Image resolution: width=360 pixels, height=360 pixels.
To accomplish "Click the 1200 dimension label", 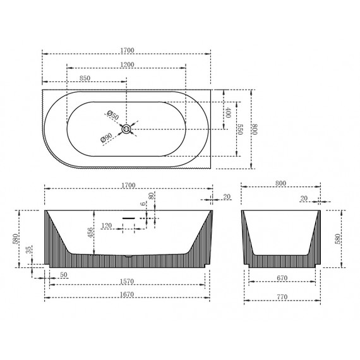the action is [x=127, y=64].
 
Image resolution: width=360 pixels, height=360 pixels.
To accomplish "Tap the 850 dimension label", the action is [x=85, y=78].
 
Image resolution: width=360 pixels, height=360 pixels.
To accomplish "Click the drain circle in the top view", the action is [x=126, y=129].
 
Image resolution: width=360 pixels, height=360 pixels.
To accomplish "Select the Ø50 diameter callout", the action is [x=113, y=115].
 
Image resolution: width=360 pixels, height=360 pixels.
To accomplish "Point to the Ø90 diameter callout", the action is [x=106, y=138].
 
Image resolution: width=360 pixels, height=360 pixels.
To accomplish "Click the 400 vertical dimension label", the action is [x=227, y=112].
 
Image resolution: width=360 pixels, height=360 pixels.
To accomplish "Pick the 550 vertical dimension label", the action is [x=240, y=129].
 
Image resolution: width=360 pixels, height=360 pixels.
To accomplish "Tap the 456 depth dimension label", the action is [x=90, y=232].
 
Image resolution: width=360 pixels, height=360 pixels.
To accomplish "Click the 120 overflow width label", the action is [x=107, y=225].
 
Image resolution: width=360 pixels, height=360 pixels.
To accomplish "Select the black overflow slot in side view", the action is [x=128, y=218].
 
